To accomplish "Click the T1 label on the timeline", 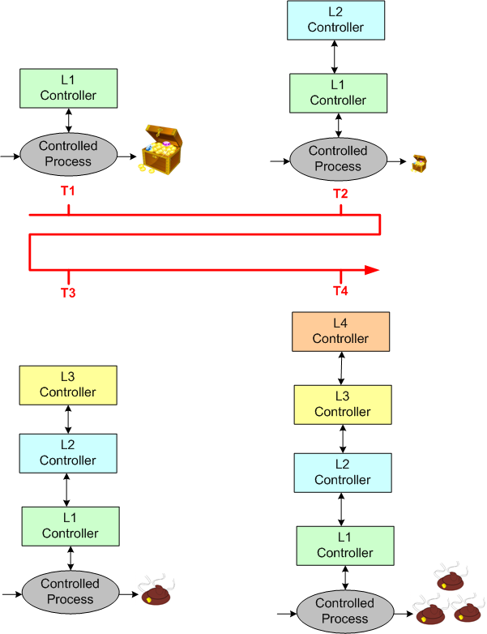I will tap(68, 191).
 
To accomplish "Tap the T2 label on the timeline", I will tap(340, 193).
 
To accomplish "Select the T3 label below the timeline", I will tap(68, 293).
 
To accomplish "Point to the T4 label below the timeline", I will tap(340, 291).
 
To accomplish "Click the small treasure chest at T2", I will tap(419, 164).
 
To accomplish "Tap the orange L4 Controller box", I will tap(341, 331).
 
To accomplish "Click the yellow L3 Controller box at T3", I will tap(68, 384).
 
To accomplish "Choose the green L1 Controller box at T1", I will tap(68, 88).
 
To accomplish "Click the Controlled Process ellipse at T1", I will tap(68, 153).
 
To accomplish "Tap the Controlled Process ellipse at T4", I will tap(344, 610).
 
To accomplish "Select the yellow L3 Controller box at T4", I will tap(342, 404).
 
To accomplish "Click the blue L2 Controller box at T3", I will tap(68, 452).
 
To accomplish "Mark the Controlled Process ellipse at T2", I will tap(338, 158).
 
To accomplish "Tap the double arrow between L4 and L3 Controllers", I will tap(342, 367).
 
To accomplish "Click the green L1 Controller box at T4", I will tap(345, 545).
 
